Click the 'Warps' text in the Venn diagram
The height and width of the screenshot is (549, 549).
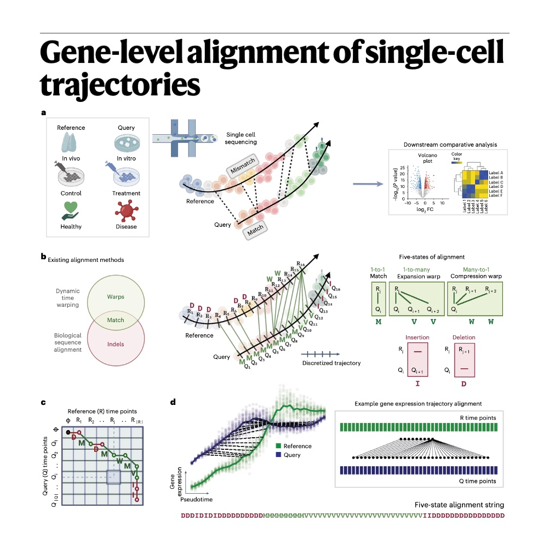[x=115, y=298]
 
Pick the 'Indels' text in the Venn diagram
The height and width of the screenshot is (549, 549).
[x=115, y=344]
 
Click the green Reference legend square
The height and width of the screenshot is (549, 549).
[x=279, y=446]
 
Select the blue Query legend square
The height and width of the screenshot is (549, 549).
[x=279, y=455]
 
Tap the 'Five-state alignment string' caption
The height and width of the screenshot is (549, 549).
[x=459, y=505]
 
